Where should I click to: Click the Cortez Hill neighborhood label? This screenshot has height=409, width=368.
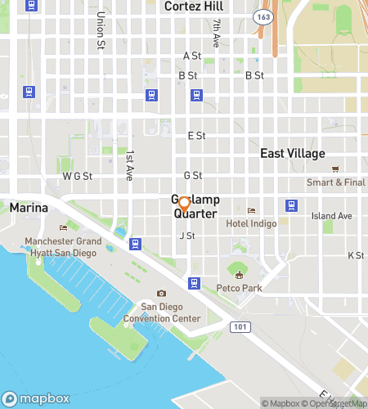coord(194,7)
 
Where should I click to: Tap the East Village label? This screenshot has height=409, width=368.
coord(293,154)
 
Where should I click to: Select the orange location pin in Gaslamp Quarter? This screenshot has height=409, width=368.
coord(184,204)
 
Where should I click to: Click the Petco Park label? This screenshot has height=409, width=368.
coord(239,288)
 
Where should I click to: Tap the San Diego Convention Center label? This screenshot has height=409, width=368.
coord(170,312)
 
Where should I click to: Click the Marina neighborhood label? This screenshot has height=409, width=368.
coord(29,209)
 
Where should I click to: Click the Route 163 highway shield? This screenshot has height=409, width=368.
coord(263,16)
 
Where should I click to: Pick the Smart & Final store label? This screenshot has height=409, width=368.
coord(336,182)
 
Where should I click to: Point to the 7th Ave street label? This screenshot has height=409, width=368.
coord(217,33)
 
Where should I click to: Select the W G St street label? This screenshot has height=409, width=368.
coord(78,176)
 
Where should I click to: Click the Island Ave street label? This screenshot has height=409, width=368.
coord(331,216)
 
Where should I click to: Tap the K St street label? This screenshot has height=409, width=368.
coord(356,256)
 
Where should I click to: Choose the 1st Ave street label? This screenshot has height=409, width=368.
coord(129,165)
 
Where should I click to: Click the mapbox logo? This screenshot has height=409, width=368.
coord(34,399)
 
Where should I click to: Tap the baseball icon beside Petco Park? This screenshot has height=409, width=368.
coord(239,271)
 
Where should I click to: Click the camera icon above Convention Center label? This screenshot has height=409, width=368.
coord(161,294)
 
